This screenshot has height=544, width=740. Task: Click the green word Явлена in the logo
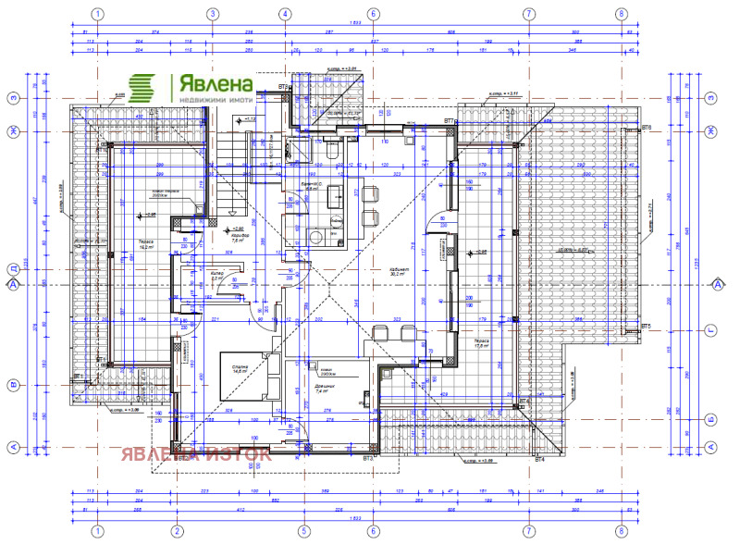[x=206, y=82]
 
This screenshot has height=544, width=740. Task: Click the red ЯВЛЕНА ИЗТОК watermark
[x=194, y=454]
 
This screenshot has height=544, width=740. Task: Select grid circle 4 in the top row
[x=284, y=14]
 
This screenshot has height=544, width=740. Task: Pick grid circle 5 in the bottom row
[x=302, y=531]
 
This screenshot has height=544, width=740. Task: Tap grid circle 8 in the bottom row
[x=621, y=531]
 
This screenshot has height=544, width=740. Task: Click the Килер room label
[x=216, y=276]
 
